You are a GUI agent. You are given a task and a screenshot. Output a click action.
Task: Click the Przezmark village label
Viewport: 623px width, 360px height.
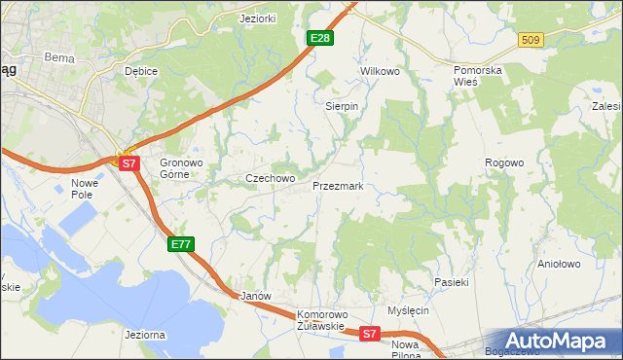(338, 186)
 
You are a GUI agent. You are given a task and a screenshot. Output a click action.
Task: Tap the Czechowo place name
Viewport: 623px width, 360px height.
(270, 179)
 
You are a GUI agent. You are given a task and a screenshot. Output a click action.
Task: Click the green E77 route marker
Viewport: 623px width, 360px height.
(181, 243)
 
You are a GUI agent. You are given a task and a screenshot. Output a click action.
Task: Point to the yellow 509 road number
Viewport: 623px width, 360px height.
(531, 40)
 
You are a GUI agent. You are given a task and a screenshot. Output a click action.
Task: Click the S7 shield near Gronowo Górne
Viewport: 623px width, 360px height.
(129, 163)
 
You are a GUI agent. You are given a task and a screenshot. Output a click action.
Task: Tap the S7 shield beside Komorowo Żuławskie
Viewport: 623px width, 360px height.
(368, 334)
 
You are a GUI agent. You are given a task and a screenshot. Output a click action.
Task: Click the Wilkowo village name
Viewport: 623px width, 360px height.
(381, 72)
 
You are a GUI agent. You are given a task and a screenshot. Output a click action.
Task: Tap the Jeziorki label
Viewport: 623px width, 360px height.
(259, 18)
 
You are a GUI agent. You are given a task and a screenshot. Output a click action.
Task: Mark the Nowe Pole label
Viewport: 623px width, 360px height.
(86, 188)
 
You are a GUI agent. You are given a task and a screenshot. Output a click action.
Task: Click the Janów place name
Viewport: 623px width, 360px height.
(254, 295)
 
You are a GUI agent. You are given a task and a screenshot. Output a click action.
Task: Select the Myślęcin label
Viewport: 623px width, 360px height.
(408, 310)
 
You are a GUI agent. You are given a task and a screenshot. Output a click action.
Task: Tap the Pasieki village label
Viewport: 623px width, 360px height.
(452, 282)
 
